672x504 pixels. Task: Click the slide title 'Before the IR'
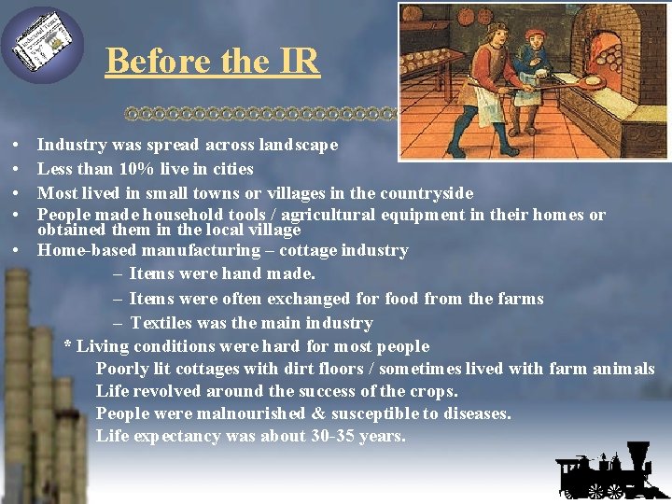(213, 62)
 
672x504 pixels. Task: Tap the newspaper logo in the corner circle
(42, 45)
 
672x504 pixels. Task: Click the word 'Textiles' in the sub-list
(162, 323)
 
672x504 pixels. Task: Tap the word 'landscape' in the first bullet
(298, 146)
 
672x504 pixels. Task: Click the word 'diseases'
(476, 413)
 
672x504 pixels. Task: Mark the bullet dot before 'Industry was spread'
(18, 147)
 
